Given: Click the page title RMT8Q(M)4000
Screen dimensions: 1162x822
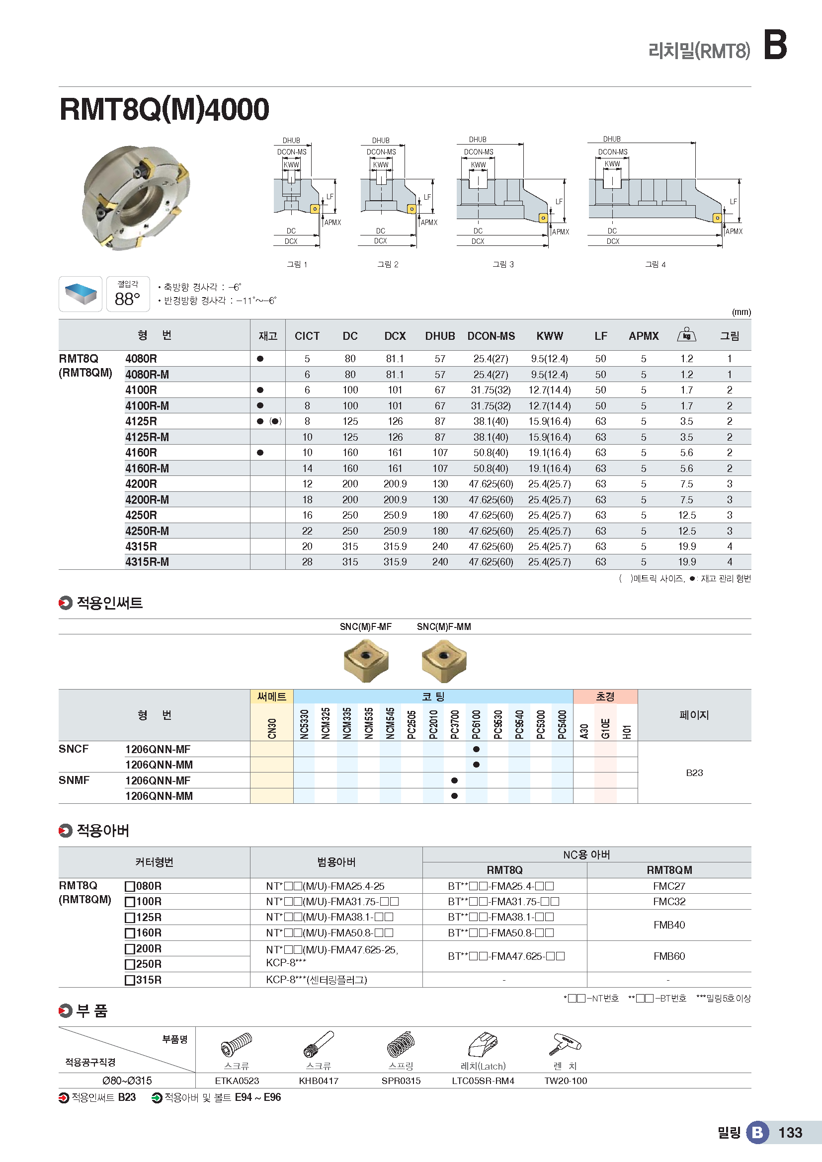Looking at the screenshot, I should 164,109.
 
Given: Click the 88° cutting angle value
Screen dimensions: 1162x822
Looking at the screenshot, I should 127,299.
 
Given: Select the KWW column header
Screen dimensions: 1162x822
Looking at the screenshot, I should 550,336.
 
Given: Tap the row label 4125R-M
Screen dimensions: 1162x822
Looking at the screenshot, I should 147,437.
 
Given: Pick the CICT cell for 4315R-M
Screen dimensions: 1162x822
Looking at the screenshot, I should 307,562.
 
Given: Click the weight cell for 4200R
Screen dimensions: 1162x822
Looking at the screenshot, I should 686,484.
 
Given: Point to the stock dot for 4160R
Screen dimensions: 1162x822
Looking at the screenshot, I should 260,453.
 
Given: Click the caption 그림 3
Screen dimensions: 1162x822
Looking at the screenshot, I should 503,264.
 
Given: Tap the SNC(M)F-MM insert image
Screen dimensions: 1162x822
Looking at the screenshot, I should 444,660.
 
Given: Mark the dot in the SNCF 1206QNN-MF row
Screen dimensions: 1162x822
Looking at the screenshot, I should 476,749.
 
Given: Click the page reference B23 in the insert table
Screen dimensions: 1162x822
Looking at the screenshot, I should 694,773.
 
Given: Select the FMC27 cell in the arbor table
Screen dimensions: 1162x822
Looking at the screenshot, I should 668,886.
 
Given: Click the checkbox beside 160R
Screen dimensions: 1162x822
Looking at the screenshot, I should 130,933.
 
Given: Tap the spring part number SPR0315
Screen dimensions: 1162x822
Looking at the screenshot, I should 401,1081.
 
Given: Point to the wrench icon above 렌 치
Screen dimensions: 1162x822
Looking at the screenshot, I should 565,1044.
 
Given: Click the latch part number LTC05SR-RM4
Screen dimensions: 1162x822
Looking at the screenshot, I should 483,1081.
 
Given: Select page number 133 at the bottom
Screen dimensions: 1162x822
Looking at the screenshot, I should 790,1133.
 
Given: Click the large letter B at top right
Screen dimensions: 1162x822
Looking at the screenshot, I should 775,45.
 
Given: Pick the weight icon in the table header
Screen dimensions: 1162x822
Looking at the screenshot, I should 686,335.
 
